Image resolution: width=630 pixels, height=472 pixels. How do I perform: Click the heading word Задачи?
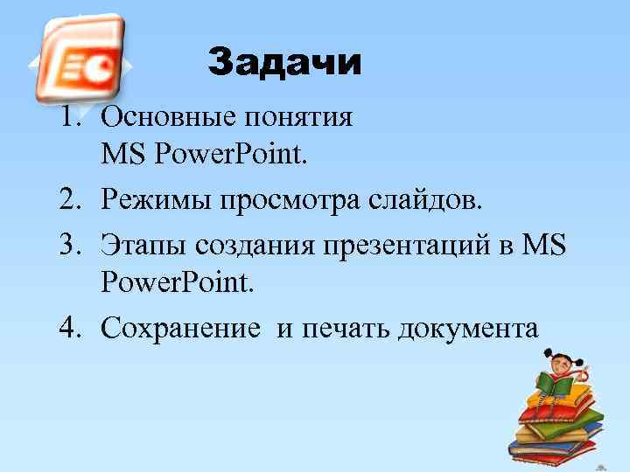click(284, 63)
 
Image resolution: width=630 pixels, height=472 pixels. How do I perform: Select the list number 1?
click(71, 117)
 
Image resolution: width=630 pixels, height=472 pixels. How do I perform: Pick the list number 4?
click(71, 329)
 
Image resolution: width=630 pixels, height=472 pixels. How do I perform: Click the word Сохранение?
click(180, 330)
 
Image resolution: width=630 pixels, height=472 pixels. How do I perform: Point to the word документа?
click(468, 330)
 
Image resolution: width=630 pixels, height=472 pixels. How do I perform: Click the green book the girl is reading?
click(554, 383)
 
